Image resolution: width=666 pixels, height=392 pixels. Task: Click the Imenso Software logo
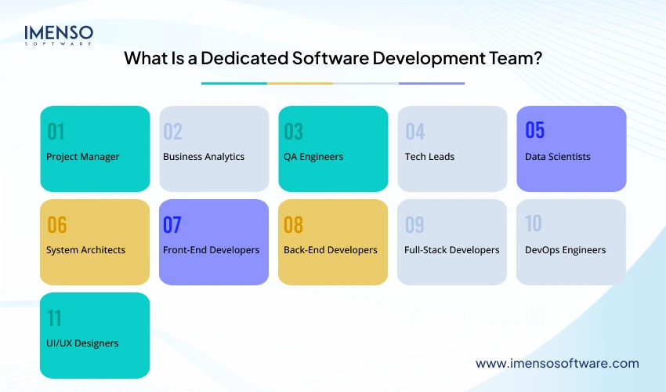(59, 35)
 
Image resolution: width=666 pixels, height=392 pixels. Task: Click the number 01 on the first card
(56, 131)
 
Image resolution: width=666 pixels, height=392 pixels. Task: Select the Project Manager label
(83, 157)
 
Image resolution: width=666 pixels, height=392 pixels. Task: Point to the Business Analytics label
(204, 157)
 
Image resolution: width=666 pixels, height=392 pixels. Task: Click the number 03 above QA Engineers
(293, 131)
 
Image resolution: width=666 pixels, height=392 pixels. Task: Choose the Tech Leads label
(429, 157)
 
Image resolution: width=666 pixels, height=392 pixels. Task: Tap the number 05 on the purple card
(534, 129)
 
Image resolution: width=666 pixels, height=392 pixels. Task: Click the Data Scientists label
(558, 157)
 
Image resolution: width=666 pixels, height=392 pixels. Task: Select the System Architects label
(86, 250)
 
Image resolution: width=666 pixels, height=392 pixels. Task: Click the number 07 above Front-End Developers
(172, 225)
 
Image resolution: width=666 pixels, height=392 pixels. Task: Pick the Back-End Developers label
(331, 250)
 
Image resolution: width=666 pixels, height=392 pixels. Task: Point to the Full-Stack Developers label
(452, 250)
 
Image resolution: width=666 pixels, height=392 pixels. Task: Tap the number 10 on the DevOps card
(533, 223)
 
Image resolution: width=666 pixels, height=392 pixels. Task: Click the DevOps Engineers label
(565, 250)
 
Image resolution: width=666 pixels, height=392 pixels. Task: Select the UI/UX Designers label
(83, 343)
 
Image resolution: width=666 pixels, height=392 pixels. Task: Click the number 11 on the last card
(54, 318)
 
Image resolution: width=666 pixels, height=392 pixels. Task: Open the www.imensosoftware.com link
(557, 364)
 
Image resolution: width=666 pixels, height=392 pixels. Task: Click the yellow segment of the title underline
(300, 83)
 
